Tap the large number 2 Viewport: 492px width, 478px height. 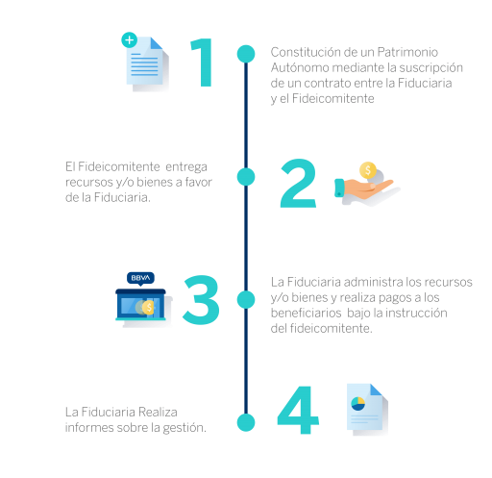coord(299,183)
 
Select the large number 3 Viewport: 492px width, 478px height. coord(202,299)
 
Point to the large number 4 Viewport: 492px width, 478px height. coord(298,410)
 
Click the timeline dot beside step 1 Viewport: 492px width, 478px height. coord(246,54)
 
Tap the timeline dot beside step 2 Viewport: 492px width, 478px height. coord(246,177)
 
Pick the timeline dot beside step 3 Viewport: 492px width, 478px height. coord(246,299)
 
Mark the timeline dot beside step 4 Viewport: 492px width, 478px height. coord(246,422)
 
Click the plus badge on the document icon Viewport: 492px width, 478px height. coord(130,40)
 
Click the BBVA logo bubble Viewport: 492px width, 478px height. coord(140,278)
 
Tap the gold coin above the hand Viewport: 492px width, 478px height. coord(368,170)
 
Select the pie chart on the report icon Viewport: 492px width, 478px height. coord(358,404)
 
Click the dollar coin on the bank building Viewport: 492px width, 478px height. coord(148,308)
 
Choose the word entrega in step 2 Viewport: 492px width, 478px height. coord(186,167)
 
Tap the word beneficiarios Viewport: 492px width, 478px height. coord(306,313)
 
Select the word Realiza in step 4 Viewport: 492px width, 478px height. coord(158,412)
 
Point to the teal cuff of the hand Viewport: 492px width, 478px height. coord(339,188)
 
